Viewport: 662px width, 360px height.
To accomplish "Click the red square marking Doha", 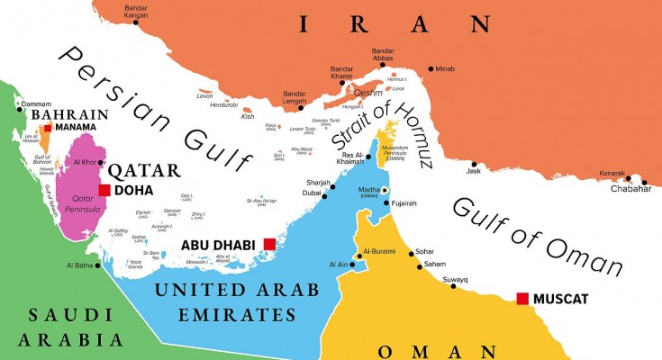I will tap(104, 190).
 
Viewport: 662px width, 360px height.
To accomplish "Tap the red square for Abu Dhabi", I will tap(268, 244).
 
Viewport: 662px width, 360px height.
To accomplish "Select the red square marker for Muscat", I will tap(522, 298).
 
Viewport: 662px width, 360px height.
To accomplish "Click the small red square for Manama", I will tap(47, 128).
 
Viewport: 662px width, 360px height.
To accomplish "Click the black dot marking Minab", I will tap(431, 69).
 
